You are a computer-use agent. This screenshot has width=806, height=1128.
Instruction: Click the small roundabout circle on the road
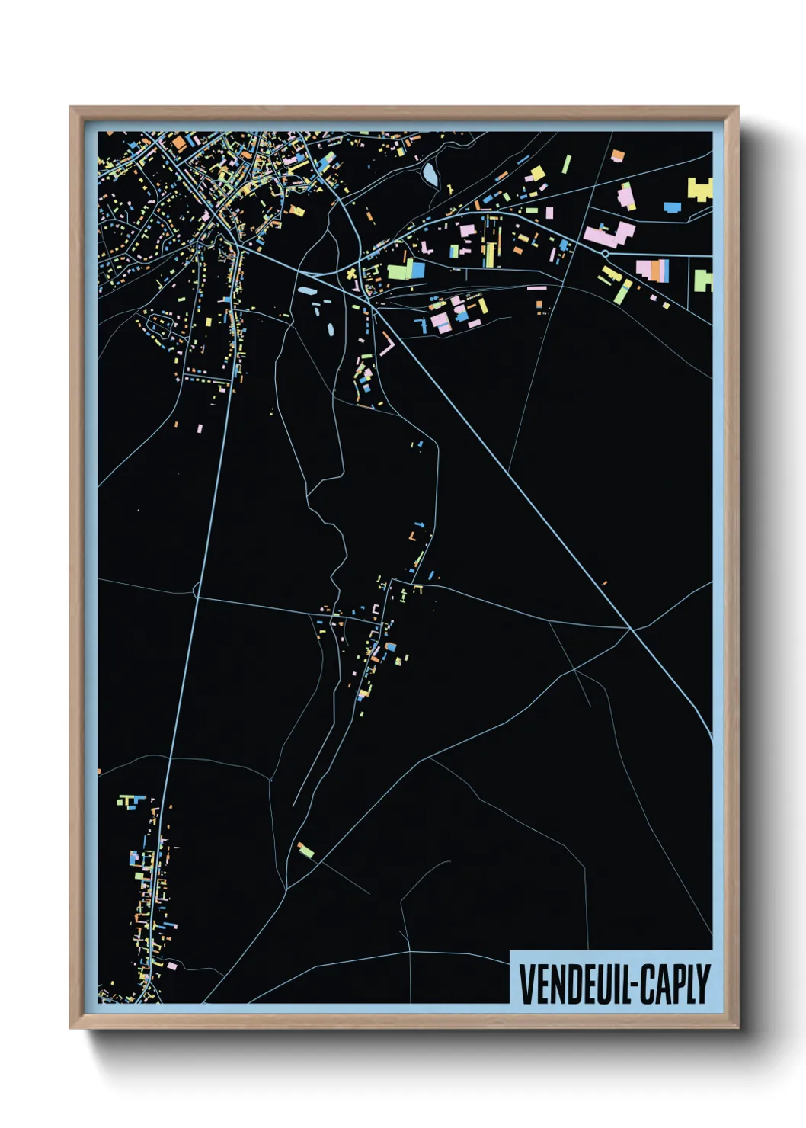tap(605, 253)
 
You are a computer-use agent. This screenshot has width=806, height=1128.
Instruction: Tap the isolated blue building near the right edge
tap(672, 207)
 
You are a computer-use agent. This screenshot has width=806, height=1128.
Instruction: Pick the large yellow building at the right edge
tap(699, 188)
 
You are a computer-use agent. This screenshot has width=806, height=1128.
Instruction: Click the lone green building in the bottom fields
tap(305, 850)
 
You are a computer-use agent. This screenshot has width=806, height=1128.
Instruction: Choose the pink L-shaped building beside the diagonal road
tap(387, 346)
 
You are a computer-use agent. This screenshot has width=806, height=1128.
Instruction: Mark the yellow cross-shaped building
tap(351, 274)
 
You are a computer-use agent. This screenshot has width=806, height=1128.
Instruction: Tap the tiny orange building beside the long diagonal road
tap(605, 584)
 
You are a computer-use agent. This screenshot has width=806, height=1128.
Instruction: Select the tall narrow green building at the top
tap(567, 164)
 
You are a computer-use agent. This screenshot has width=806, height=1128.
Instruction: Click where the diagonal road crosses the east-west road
tap(632, 629)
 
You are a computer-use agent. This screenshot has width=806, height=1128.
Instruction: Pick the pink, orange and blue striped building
tap(653, 271)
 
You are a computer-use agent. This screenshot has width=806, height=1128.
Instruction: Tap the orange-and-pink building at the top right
tap(618, 156)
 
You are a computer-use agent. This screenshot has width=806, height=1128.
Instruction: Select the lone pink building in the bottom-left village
tap(172, 966)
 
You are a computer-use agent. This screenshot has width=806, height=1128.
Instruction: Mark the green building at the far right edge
tap(702, 280)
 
